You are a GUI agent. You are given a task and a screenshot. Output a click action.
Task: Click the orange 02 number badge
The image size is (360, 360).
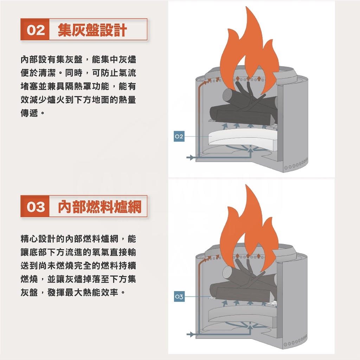click(x=36, y=30)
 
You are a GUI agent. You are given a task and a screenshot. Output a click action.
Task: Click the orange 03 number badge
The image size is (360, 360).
click(x=36, y=207)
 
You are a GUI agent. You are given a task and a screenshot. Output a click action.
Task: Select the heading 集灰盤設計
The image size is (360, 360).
click(x=92, y=30)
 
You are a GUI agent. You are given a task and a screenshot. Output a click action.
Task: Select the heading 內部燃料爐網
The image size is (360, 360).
click(x=99, y=207)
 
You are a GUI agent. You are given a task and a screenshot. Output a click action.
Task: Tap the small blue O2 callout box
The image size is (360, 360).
click(x=179, y=137)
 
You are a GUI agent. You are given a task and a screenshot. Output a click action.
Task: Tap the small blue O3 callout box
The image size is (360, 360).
click(x=179, y=297)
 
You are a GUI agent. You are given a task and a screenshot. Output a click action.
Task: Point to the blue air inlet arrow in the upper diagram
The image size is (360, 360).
click(x=190, y=157)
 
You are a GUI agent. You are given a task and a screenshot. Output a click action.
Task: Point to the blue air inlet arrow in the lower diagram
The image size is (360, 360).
click(x=190, y=334)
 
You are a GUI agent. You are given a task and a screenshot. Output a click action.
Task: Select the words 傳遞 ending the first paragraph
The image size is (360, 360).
click(x=30, y=114)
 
